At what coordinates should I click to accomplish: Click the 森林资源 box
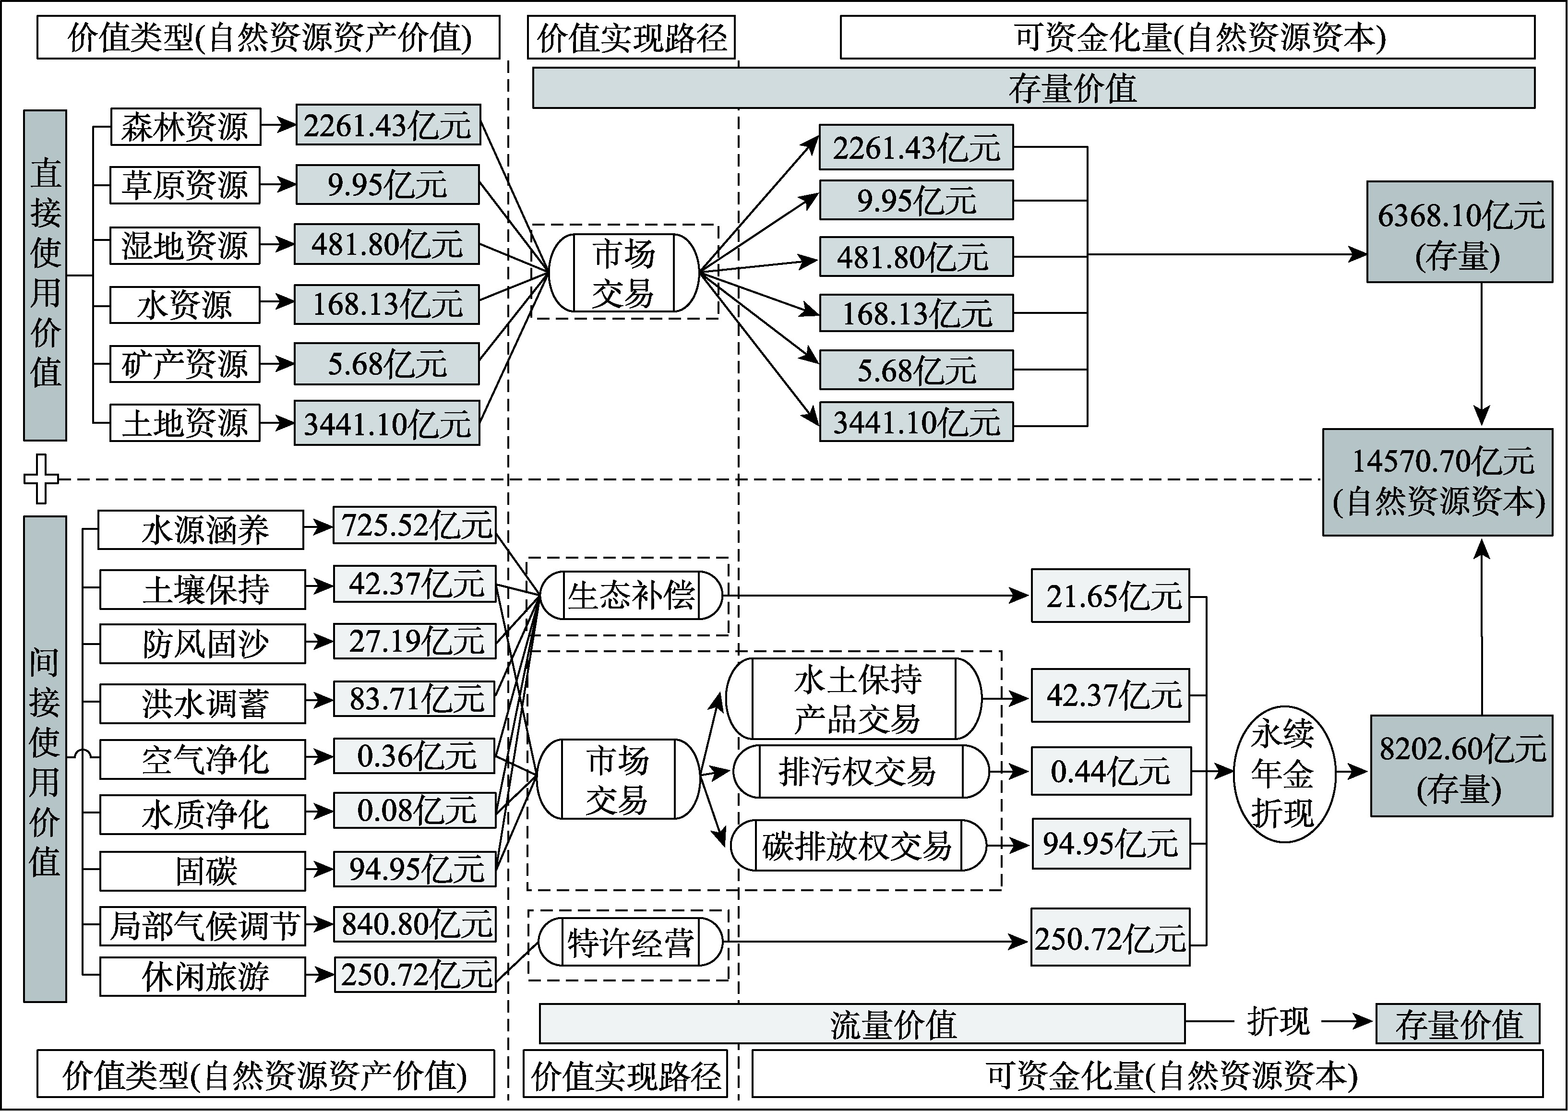pos(185,127)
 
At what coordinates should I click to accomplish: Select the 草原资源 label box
pos(185,185)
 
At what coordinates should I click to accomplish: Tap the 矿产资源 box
pos(185,364)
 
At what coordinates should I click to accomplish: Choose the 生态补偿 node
pos(631,595)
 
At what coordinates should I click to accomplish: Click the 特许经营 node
pos(630,943)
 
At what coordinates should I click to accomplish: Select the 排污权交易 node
pos(861,772)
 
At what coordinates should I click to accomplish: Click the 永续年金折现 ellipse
pos(1283,774)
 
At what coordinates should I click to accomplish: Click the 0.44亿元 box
pos(1110,772)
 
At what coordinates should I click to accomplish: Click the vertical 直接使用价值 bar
pos(45,275)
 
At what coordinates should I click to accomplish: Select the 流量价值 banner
pos(862,1024)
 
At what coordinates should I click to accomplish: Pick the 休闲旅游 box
pos(203,976)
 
